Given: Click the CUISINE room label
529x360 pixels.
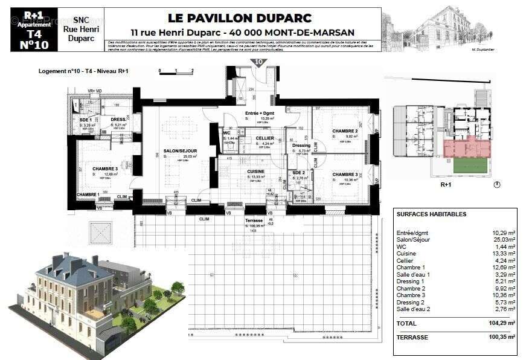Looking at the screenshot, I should (256, 172).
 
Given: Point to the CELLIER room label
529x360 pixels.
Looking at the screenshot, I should (264, 138).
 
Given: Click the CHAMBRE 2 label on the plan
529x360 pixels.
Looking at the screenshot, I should (345, 131).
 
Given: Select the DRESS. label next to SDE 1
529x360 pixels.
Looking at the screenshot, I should (119, 120).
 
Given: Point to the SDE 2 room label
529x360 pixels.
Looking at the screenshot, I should (300, 173).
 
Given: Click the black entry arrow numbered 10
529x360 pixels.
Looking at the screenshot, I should (259, 62).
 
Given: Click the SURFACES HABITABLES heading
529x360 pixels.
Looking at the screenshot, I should (431, 214).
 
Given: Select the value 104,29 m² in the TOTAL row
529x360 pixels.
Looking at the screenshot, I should (502, 324).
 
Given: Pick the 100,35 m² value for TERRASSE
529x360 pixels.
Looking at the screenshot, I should (502, 337).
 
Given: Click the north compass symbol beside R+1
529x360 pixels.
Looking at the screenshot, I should (496, 184).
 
